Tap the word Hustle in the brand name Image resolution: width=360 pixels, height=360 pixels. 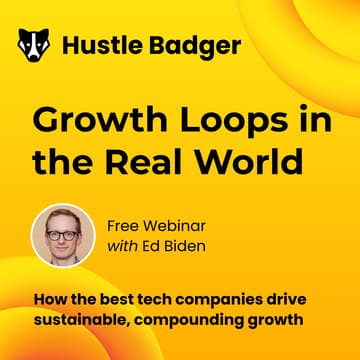pyautogui.click(x=92, y=45)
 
